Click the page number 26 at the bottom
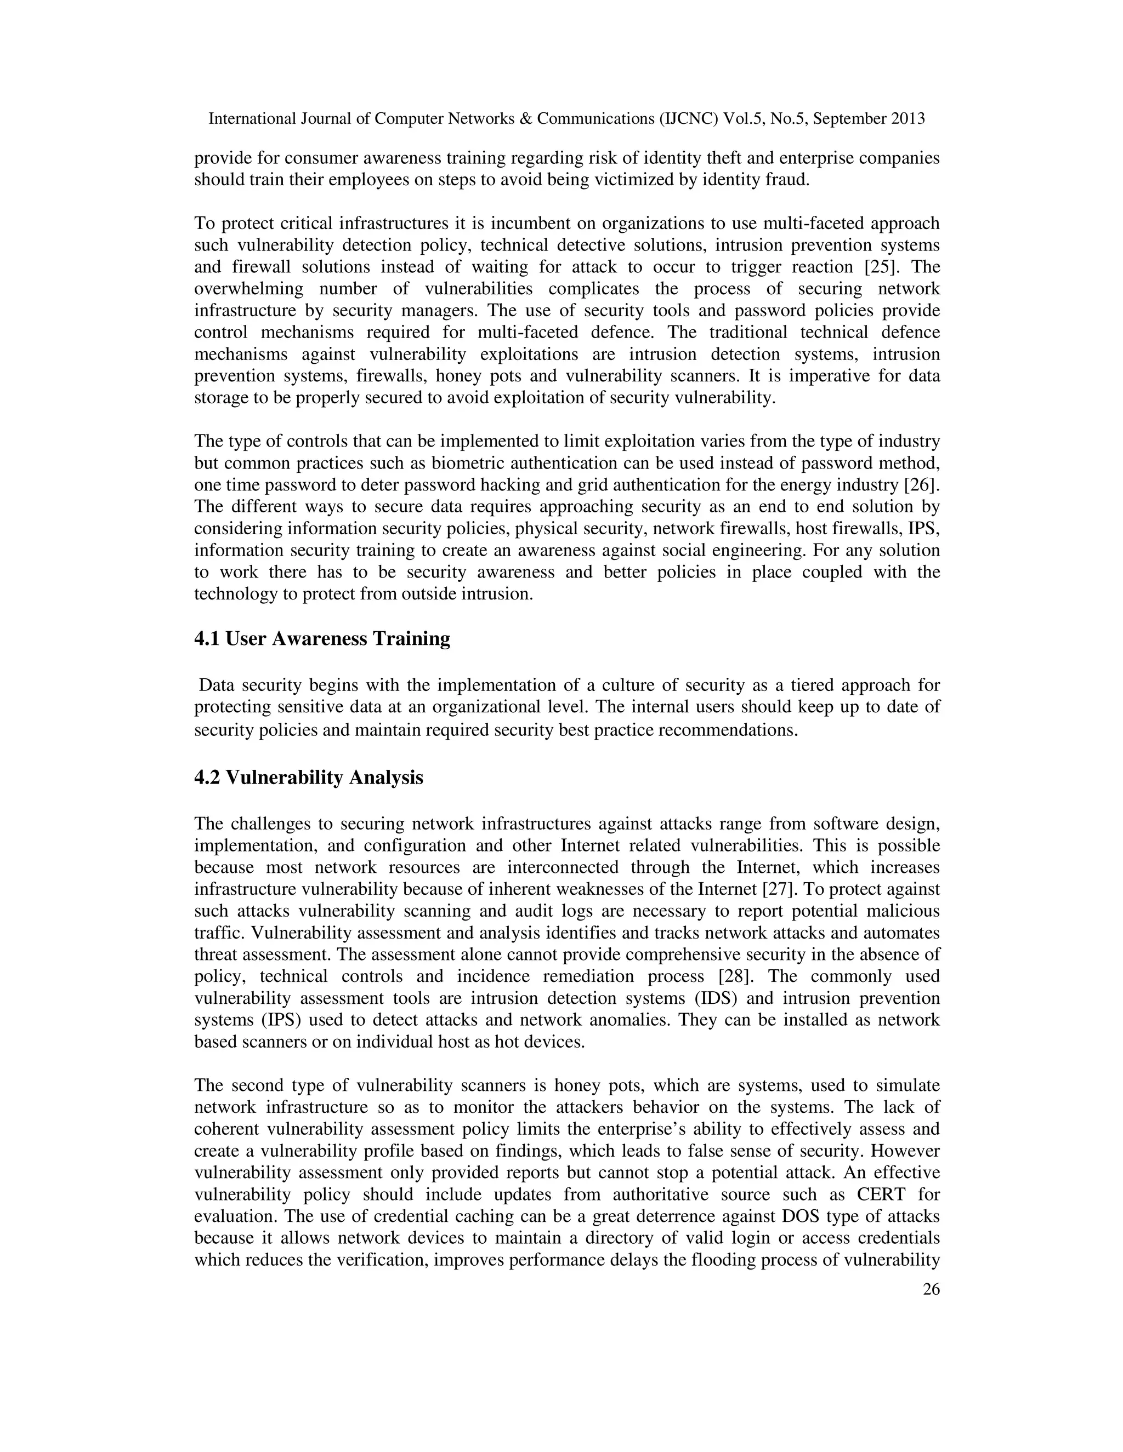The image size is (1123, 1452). coord(932,1290)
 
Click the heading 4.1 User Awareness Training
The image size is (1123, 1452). coord(322,639)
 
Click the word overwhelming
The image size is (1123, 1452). coord(249,289)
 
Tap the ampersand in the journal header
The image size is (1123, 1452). coord(525,119)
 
